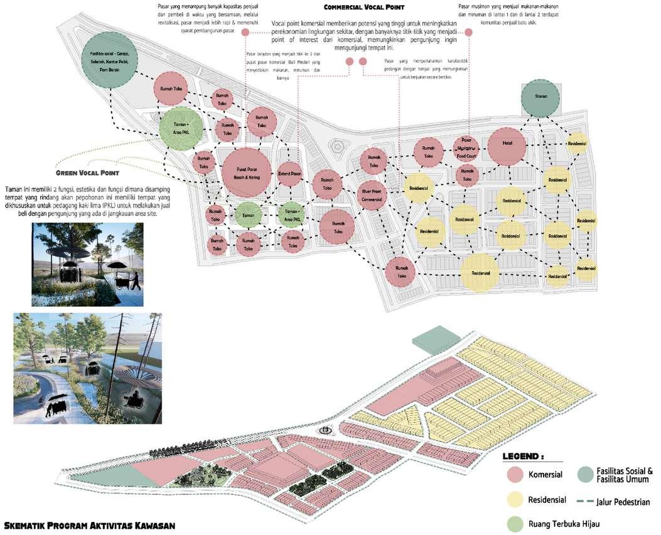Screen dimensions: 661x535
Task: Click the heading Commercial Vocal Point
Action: point(368,8)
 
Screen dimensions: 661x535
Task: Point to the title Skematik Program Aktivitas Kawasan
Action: point(89,524)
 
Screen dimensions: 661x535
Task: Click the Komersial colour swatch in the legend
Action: point(515,474)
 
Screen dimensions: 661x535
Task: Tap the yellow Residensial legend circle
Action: point(515,499)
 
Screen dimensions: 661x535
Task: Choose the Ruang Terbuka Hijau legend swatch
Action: point(515,524)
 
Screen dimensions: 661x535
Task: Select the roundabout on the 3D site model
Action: point(325,431)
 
